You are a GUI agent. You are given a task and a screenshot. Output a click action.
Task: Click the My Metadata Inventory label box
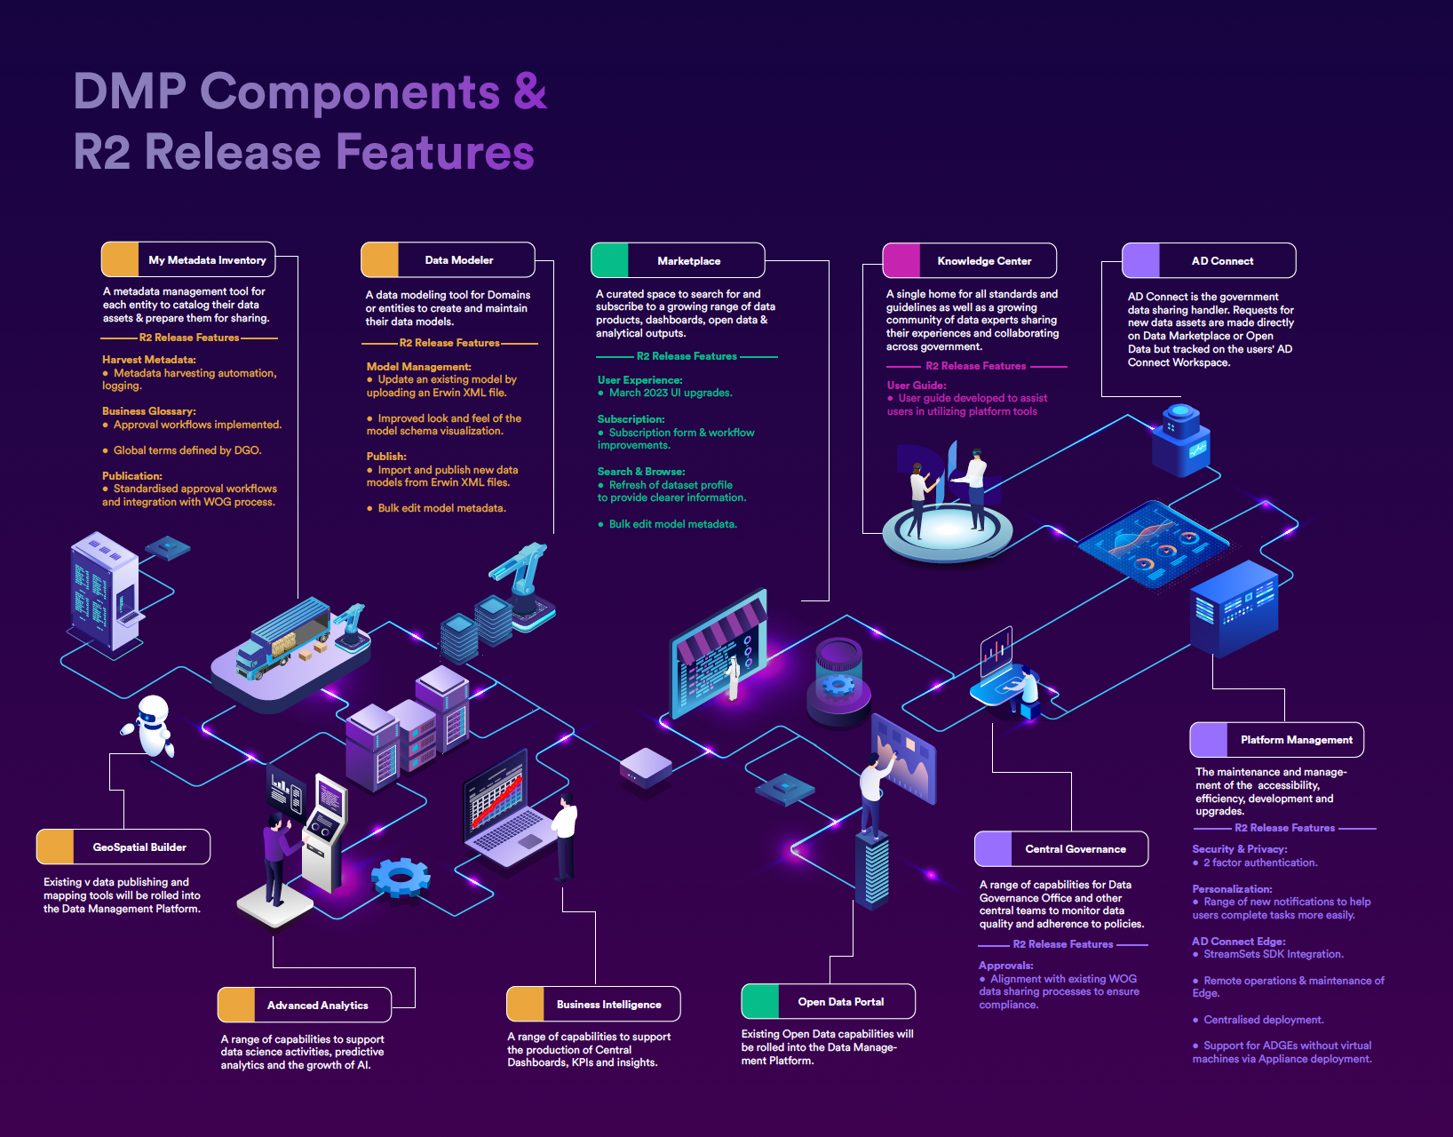(x=188, y=260)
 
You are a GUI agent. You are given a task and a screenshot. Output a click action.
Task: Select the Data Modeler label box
(x=448, y=260)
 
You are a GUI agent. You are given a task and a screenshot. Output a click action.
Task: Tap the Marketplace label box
(x=678, y=261)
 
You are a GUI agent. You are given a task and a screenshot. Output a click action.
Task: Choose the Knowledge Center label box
(x=970, y=261)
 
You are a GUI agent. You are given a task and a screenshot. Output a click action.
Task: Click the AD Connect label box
(x=1209, y=261)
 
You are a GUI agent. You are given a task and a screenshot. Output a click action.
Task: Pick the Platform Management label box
(x=1276, y=740)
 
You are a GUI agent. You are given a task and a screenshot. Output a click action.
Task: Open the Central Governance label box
(x=1061, y=849)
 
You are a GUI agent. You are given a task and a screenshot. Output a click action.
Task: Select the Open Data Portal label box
(x=828, y=1002)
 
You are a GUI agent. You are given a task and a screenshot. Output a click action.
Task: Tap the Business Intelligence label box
(x=593, y=1005)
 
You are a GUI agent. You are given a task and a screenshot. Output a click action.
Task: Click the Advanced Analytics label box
(x=304, y=1006)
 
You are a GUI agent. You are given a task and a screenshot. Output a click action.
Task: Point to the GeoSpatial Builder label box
(x=123, y=847)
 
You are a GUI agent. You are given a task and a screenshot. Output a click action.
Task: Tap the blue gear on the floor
(x=401, y=877)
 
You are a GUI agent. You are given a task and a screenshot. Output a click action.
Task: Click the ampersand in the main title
(x=529, y=91)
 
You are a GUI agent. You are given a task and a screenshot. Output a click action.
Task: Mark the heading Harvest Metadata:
(x=149, y=360)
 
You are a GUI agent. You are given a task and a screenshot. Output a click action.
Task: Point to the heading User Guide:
(x=917, y=386)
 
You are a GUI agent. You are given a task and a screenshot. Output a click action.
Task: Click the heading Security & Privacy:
(x=1239, y=849)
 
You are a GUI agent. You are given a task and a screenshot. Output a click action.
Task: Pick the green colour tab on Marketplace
(x=610, y=261)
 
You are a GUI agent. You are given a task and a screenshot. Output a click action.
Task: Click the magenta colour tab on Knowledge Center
(x=901, y=261)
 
